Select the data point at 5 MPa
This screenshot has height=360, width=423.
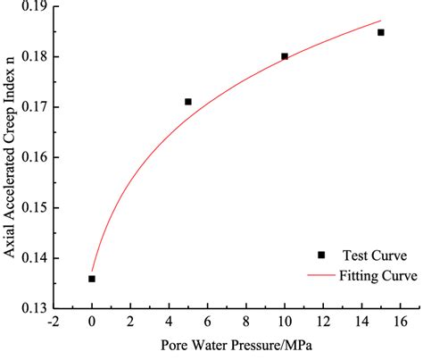tap(188, 102)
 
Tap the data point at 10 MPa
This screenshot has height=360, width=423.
tap(285, 56)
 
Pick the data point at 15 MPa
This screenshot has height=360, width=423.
tap(381, 32)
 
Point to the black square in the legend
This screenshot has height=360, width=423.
tap(321, 255)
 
